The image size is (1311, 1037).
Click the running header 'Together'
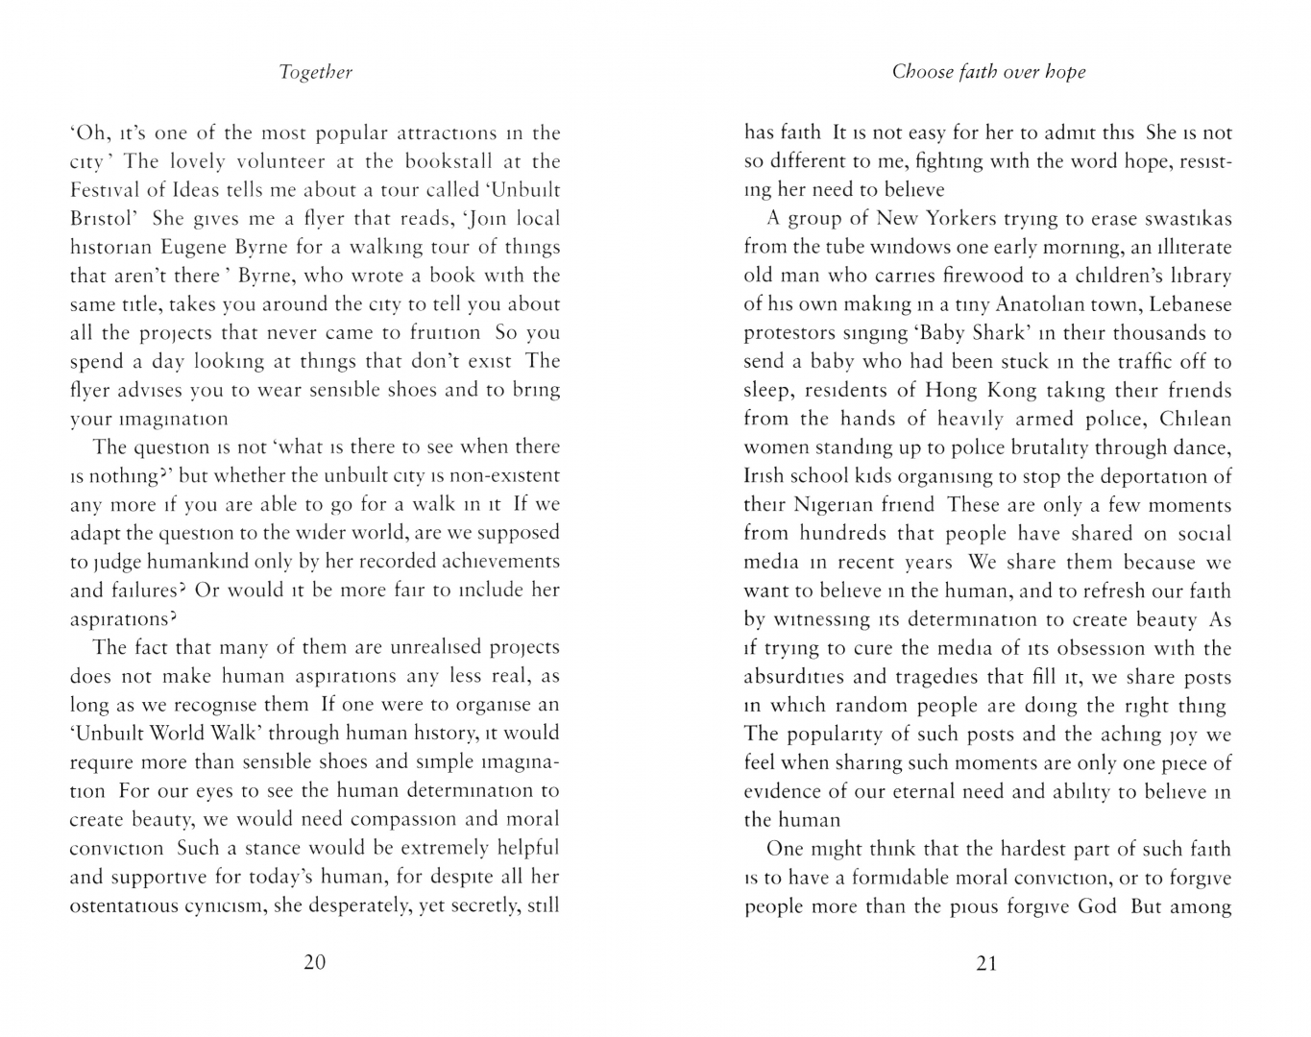coord(315,72)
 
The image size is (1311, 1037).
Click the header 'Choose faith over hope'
coord(988,72)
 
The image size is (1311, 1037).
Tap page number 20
coord(315,962)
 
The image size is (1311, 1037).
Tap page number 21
coord(987,963)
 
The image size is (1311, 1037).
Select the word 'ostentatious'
coord(129,905)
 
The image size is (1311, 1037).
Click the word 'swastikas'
coord(1183,219)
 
